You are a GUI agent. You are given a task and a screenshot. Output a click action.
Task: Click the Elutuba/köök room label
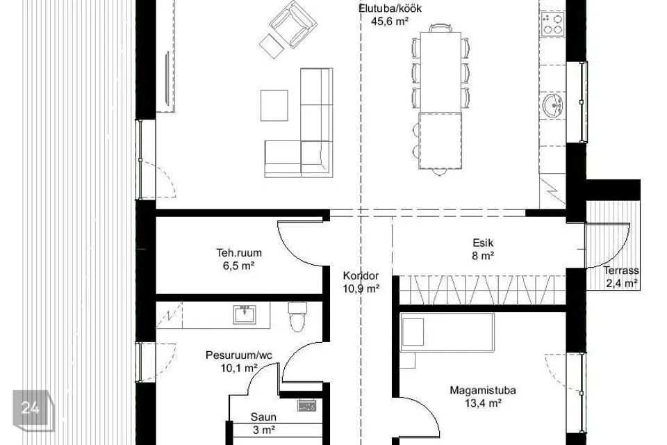(x=390, y=8)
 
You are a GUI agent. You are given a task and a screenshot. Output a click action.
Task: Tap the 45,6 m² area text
(x=390, y=22)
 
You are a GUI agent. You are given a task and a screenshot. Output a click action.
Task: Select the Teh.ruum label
(x=238, y=252)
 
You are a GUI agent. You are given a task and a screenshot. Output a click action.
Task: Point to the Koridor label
(x=361, y=275)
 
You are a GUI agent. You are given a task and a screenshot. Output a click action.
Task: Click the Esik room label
(x=483, y=243)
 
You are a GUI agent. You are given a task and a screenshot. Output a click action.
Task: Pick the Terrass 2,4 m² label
(x=621, y=277)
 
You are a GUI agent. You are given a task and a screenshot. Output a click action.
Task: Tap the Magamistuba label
(x=483, y=390)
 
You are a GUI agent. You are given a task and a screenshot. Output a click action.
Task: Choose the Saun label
(x=263, y=417)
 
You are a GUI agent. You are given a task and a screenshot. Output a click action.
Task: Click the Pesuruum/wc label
(x=239, y=355)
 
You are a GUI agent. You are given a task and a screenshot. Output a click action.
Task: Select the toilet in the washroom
(x=297, y=316)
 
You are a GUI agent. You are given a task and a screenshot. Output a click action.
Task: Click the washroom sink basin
(x=245, y=314)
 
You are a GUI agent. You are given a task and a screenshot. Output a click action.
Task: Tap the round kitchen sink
(x=552, y=105)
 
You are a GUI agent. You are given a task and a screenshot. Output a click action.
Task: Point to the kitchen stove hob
(x=552, y=24)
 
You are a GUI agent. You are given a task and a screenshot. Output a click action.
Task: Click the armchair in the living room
(x=293, y=24)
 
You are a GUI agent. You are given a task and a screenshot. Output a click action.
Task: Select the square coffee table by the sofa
(x=274, y=105)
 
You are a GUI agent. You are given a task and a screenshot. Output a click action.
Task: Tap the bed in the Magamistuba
(x=447, y=332)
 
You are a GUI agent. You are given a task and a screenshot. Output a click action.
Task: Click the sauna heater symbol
(x=306, y=405)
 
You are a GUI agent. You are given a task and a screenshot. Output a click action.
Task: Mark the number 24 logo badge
(x=33, y=410)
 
